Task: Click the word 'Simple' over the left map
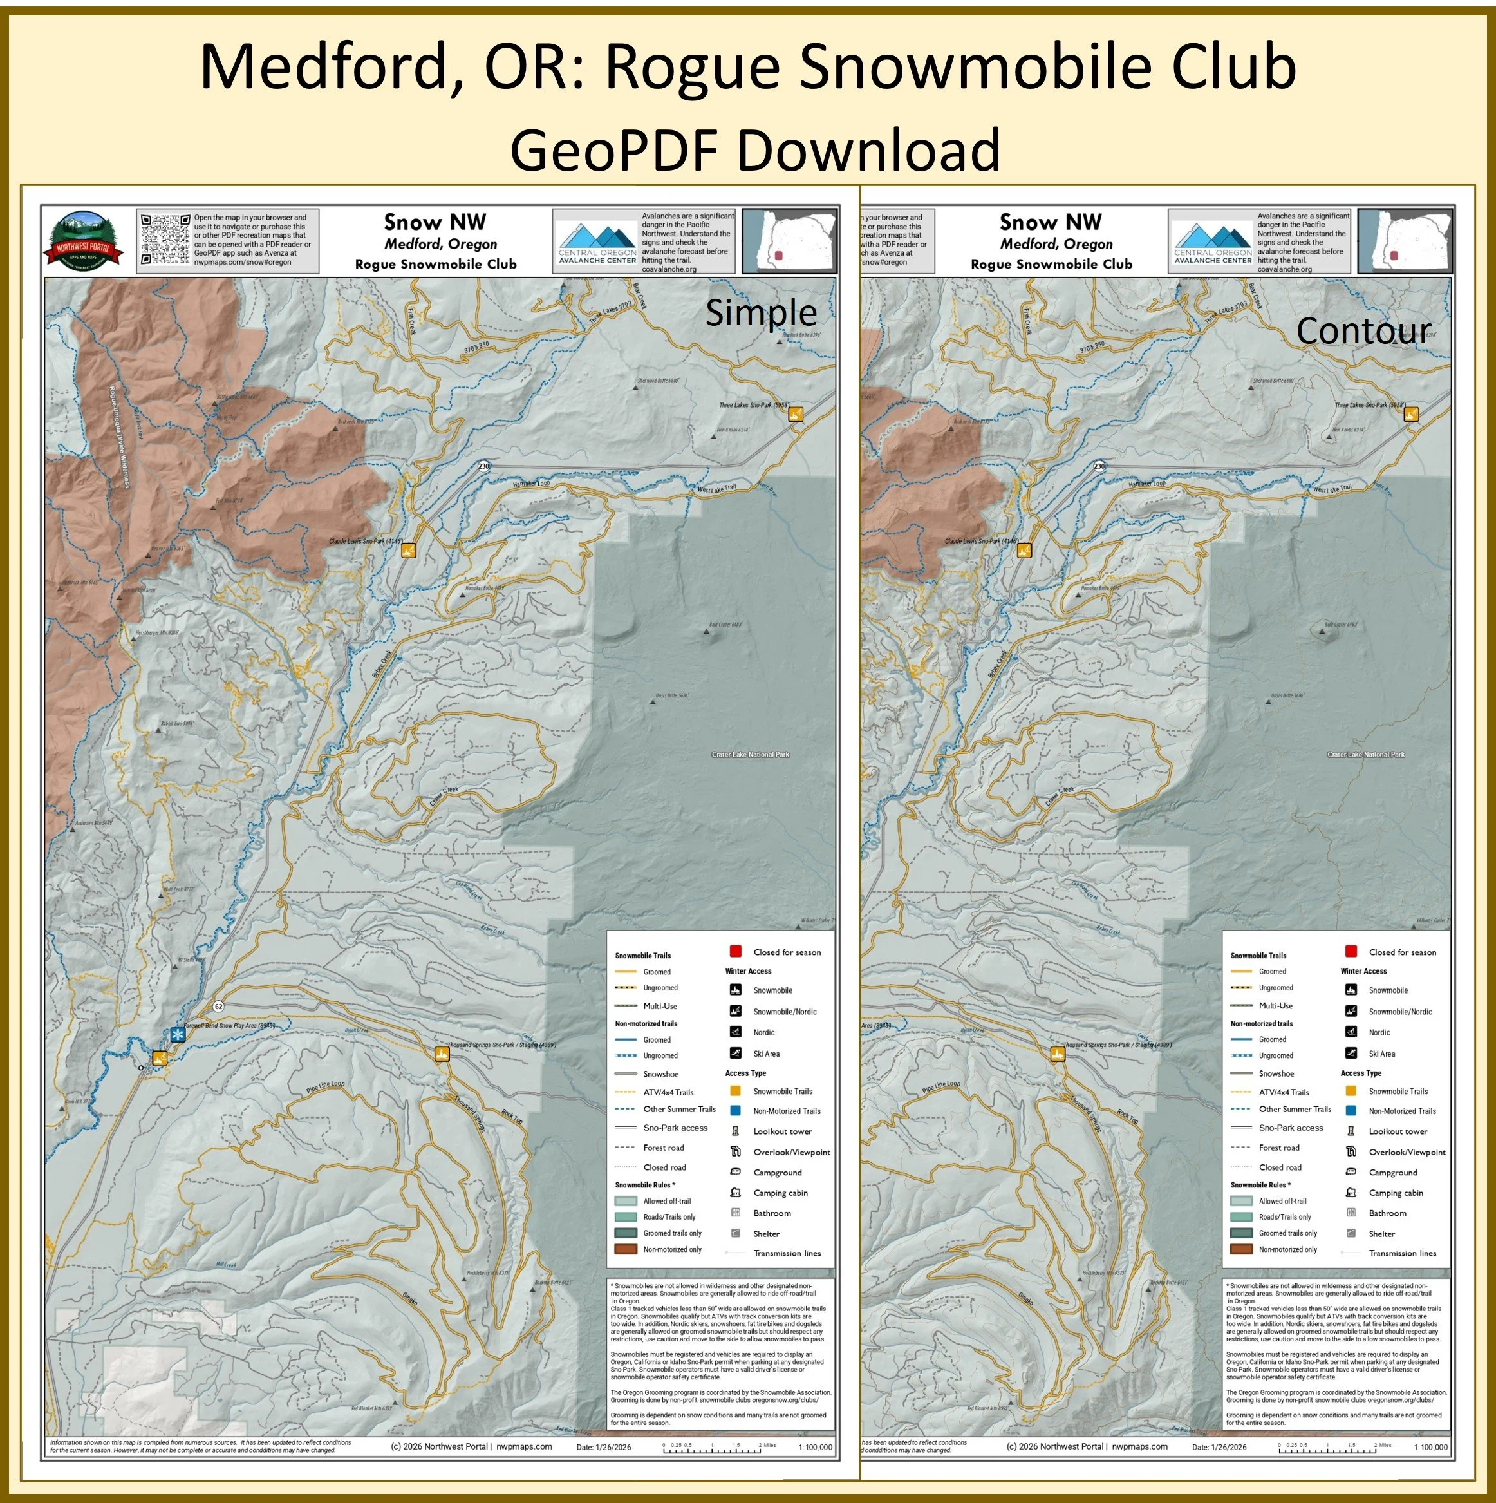760,313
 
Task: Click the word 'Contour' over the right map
1363,330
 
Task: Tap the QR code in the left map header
165,240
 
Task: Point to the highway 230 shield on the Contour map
1099,466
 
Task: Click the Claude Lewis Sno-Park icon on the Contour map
1024,550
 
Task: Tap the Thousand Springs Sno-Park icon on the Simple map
442,1054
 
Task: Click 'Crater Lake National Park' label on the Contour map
1365,755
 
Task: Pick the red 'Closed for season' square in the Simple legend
734,951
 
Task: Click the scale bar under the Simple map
711,1448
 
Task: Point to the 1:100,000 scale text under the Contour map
1430,1448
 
